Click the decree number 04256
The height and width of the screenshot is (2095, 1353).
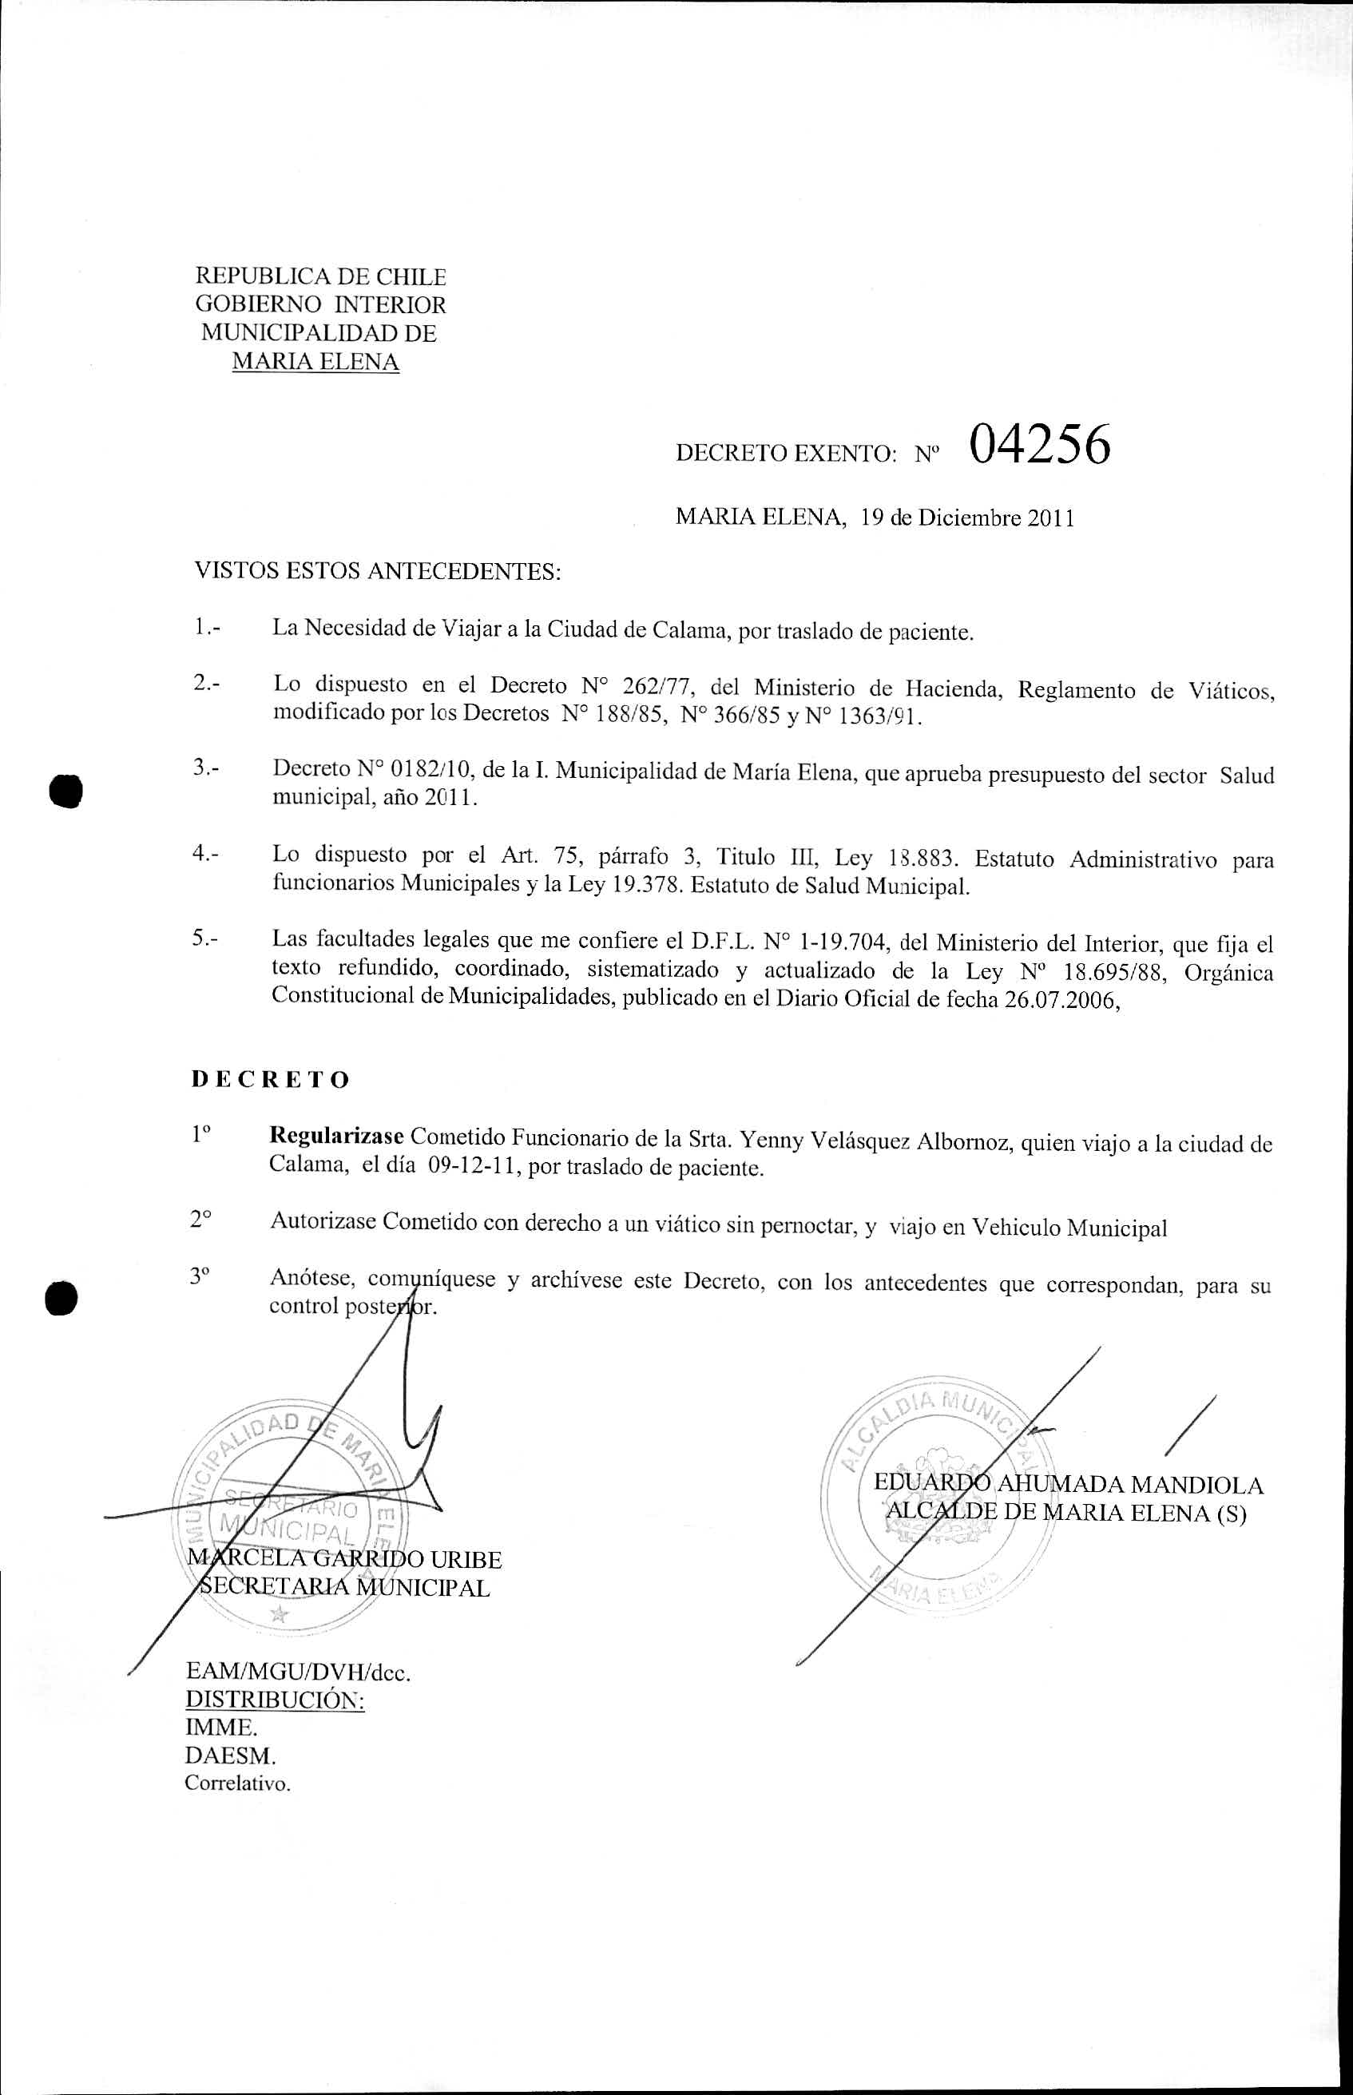click(x=1040, y=447)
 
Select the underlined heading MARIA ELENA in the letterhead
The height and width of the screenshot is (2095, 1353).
click(x=315, y=362)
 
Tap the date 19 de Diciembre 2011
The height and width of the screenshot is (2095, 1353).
click(x=967, y=518)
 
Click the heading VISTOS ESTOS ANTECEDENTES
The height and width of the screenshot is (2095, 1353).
click(x=377, y=572)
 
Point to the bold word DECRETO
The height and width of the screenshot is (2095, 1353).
click(x=271, y=1080)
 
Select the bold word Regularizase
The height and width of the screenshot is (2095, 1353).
click(x=336, y=1137)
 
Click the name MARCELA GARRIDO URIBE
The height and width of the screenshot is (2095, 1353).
click(x=345, y=1559)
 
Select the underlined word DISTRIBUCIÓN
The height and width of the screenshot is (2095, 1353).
click(x=275, y=1700)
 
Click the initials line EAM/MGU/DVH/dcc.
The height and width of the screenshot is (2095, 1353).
click(x=299, y=1672)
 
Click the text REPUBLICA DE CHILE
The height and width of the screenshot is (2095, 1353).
click(x=321, y=276)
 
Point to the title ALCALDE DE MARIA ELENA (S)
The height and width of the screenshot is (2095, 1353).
click(x=1065, y=1513)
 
